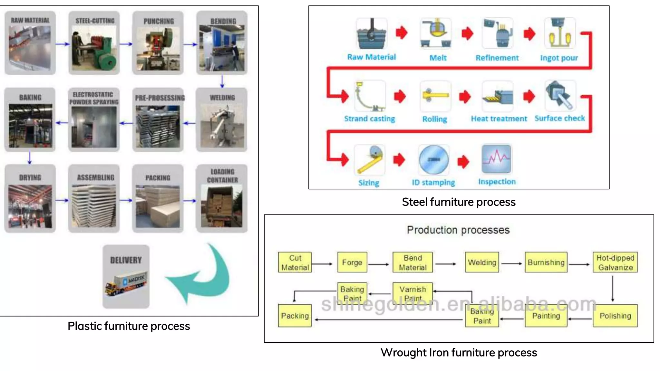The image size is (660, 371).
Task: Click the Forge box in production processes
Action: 352,262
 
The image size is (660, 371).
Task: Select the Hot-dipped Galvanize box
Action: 615,262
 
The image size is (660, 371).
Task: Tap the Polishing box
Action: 615,316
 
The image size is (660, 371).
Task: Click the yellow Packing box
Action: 295,316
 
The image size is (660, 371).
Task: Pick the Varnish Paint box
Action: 412,293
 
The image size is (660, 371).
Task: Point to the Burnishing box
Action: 546,262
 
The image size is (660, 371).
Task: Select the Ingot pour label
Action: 559,58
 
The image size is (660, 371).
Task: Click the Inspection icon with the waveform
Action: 496,159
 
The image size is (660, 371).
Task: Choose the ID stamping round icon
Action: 433,160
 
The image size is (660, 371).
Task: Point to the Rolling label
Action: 434,119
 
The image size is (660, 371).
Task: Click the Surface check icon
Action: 560,96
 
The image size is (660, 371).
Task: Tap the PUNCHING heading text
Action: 159,21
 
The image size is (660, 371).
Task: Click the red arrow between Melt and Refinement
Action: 467,33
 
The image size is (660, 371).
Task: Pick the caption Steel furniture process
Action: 459,202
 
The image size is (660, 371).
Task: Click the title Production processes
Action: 458,230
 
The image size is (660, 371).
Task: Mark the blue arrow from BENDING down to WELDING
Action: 222,81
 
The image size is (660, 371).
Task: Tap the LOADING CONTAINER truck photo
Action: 222,206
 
